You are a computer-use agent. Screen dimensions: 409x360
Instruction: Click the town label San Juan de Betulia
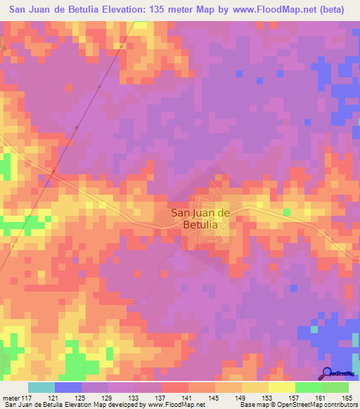click(x=200, y=219)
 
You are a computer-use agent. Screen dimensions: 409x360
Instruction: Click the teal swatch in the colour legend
click(x=41, y=387)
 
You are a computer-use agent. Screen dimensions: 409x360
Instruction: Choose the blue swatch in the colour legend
click(x=68, y=387)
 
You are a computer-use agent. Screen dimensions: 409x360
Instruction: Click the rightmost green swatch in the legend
click(x=335, y=387)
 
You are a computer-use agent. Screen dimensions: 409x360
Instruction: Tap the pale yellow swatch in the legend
click(x=282, y=387)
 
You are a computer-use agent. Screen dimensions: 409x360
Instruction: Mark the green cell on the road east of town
click(x=286, y=212)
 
